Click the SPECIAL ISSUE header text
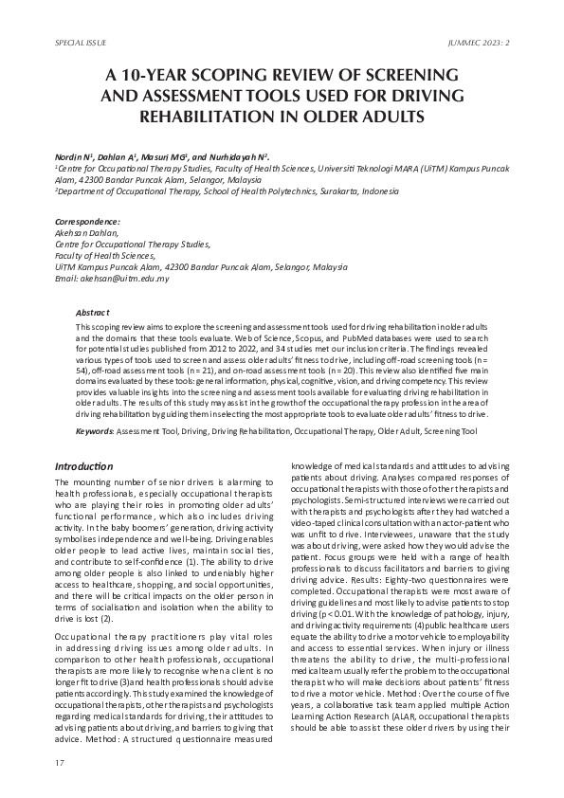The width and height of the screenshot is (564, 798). (x=81, y=44)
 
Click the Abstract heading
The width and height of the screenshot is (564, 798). (x=93, y=312)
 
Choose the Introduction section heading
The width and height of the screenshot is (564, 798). (x=83, y=466)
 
